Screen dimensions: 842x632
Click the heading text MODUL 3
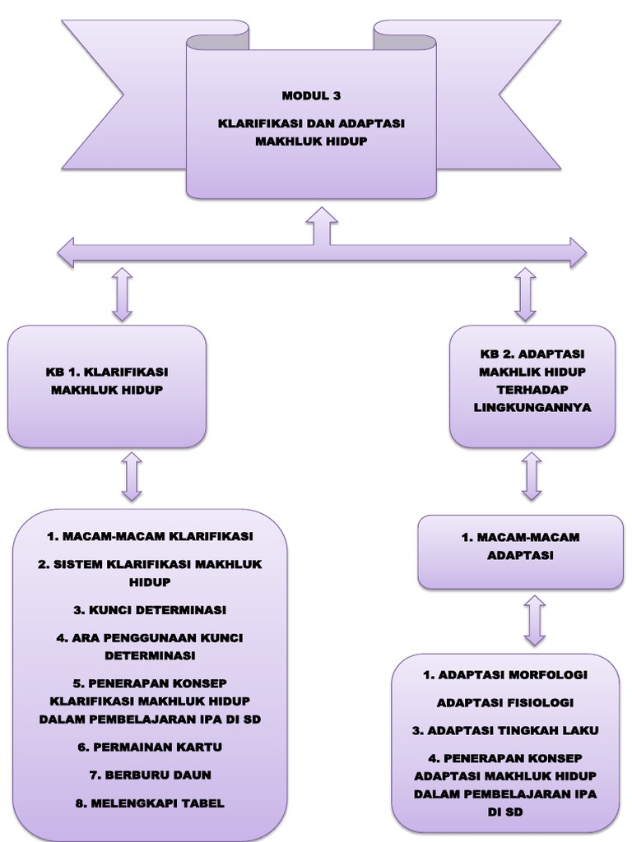tap(311, 96)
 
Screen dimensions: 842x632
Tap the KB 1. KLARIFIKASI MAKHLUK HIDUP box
tap(106, 386)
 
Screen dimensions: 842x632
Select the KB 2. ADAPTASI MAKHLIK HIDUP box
tap(532, 386)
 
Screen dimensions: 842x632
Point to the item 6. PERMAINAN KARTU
tap(150, 747)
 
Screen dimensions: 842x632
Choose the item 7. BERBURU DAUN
tap(150, 775)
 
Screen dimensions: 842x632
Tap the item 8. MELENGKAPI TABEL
tap(150, 803)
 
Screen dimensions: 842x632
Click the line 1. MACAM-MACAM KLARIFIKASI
tap(150, 536)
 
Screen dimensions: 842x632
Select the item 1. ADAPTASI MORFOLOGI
tap(505, 674)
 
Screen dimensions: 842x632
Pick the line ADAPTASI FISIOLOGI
tap(505, 702)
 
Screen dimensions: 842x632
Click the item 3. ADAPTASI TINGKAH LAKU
tap(505, 730)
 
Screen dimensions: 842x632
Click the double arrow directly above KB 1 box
tap(122, 294)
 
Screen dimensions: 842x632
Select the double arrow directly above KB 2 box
tap(524, 294)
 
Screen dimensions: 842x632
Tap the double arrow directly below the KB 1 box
tap(131, 476)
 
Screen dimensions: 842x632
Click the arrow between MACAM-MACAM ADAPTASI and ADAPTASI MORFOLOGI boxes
tap(535, 621)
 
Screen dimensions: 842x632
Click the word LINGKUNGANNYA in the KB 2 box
tap(532, 407)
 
